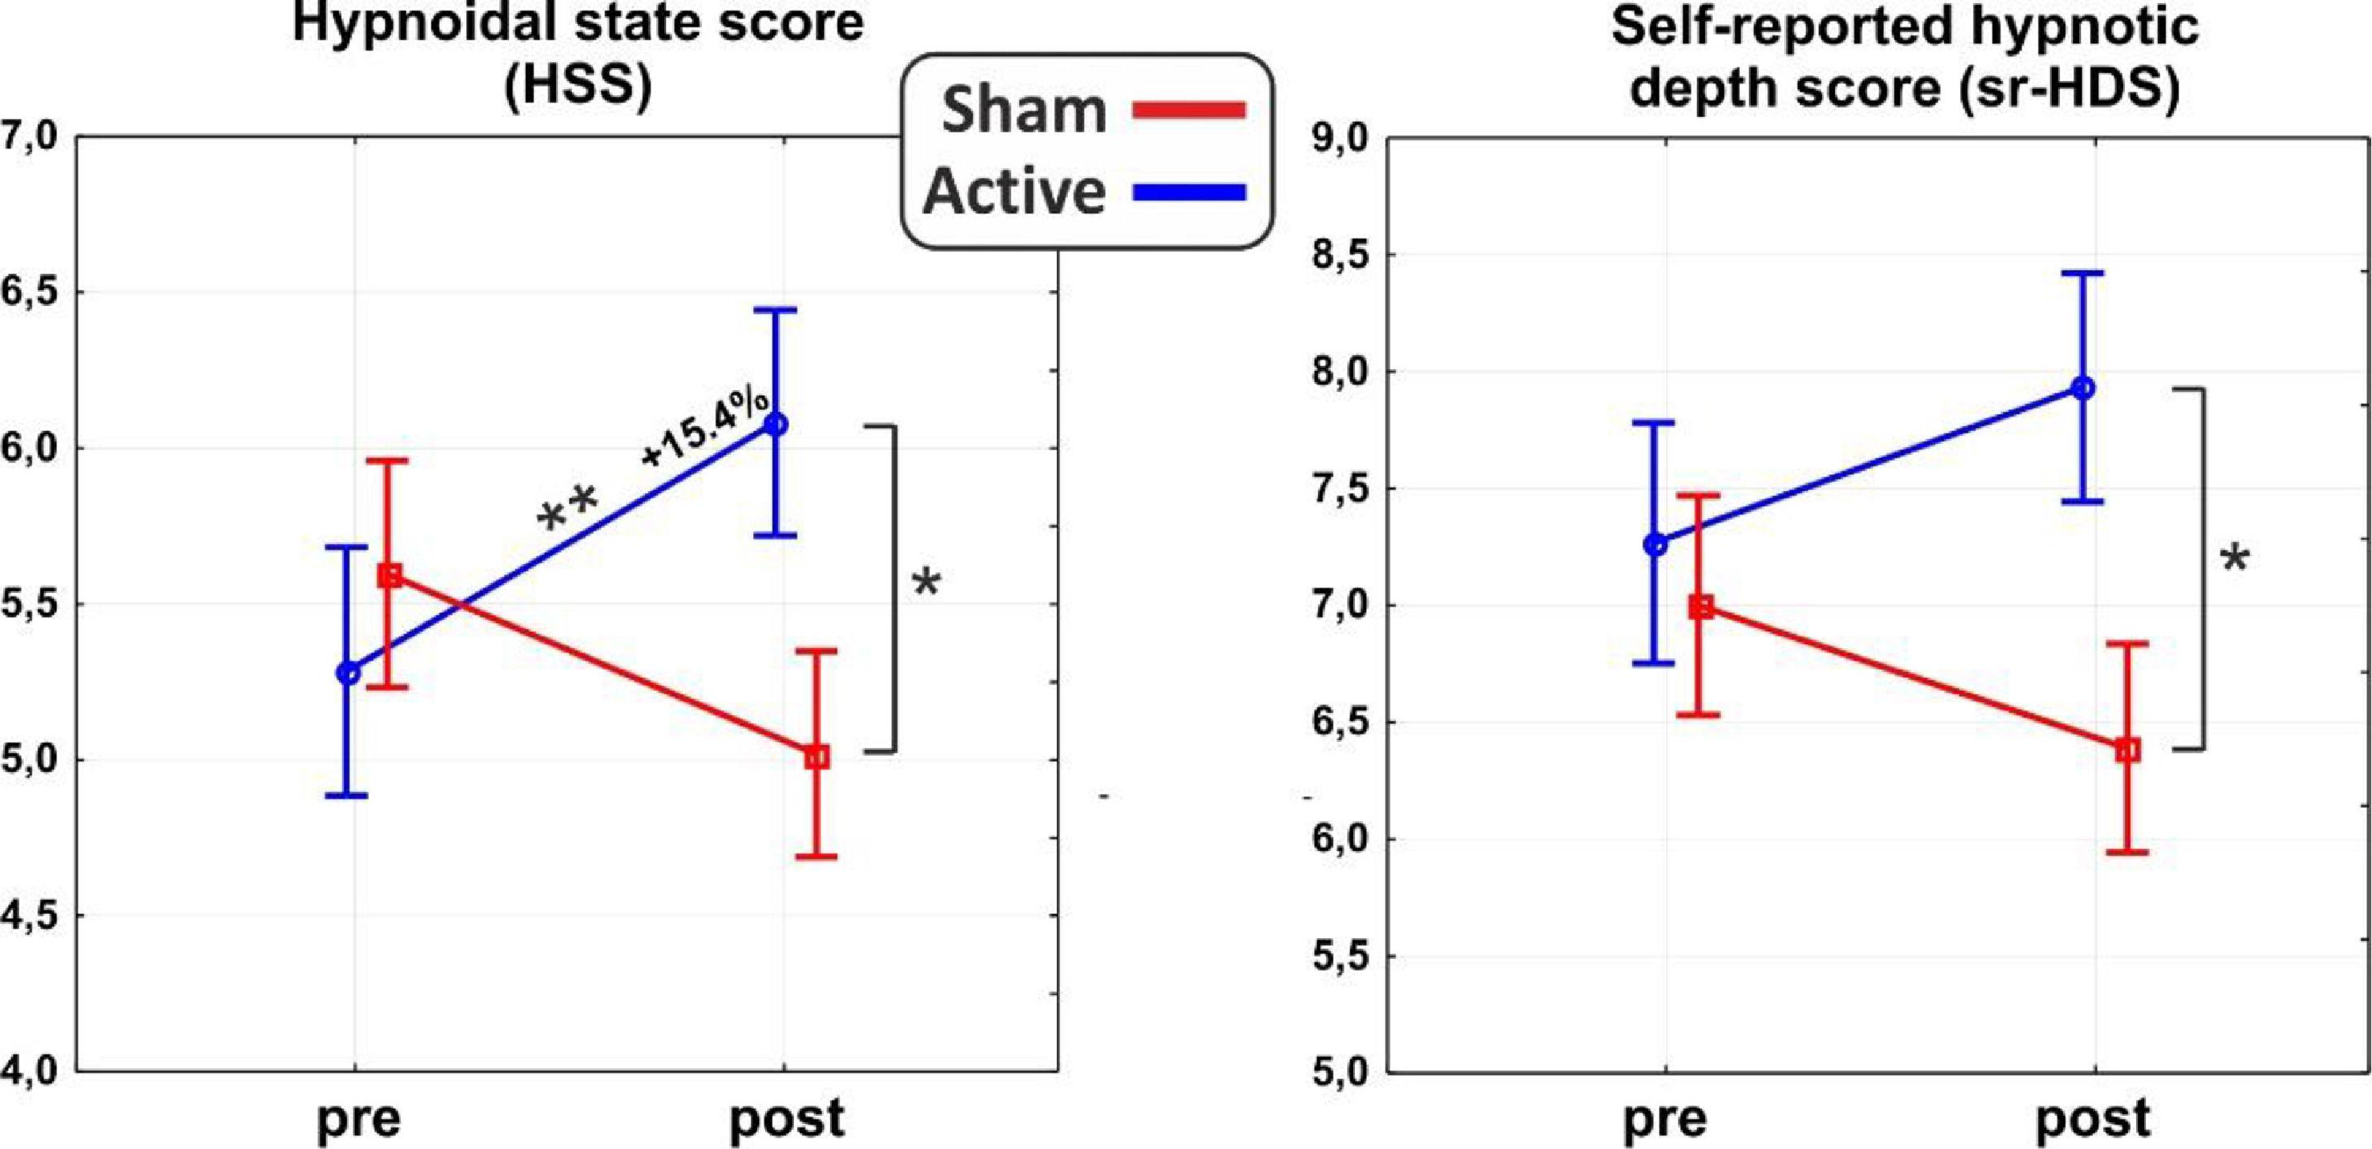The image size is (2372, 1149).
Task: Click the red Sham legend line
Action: [1188, 111]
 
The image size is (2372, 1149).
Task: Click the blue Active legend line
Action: [1188, 193]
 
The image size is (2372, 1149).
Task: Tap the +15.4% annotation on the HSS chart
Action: [705, 428]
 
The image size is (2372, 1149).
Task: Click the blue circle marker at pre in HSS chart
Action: [348, 673]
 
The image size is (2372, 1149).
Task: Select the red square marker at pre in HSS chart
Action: [390, 577]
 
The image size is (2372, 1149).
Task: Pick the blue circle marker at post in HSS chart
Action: [777, 424]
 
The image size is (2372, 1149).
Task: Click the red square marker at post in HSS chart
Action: [816, 758]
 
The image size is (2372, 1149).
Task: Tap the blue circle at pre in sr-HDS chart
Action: [1656, 544]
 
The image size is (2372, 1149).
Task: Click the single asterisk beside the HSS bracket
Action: [925, 584]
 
